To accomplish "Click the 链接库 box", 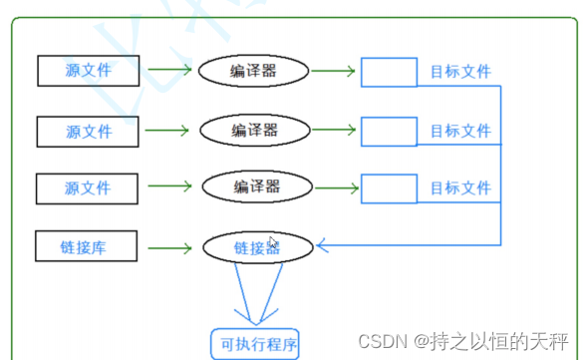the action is pos(87,246).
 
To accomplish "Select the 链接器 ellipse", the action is pos(258,247).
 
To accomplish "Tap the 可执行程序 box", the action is pos(255,344).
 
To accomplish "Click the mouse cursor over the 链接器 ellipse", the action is pos(273,242).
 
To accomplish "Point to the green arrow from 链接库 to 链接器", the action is pos(169,248).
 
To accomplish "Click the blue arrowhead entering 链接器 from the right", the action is pos(322,245).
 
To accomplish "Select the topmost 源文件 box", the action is pos(89,71).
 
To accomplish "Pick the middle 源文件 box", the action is pos(88,132).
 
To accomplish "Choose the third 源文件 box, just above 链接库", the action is pos(87,188).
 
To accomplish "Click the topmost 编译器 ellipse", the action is pos(254,71).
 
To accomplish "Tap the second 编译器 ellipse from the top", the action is pos(255,130).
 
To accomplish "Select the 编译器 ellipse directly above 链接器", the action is pos(257,186).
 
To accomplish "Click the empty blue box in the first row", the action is pos(389,72).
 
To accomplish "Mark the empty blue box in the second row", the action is pos(389,132).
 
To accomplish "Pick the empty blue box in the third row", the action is pos(389,188).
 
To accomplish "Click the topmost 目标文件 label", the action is pos(460,72).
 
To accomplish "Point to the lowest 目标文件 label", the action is pos(460,187).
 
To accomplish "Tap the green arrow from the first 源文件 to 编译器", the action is pos(169,69).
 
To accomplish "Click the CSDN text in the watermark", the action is pos(383,341).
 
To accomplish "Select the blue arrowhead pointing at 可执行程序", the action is pos(256,317).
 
